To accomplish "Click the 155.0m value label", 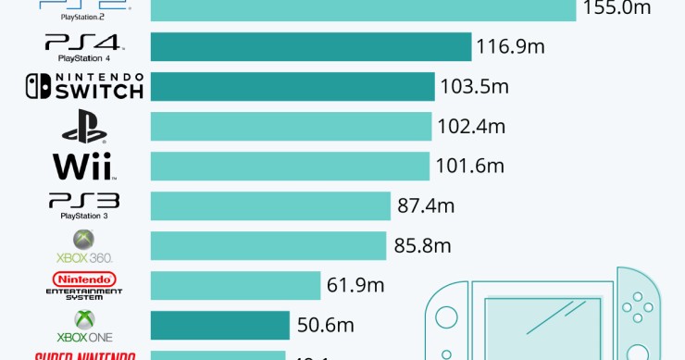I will [x=616, y=7].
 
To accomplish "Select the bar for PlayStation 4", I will [x=310, y=46].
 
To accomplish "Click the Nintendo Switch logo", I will [x=84, y=86].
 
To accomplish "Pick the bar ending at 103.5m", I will [x=292, y=86].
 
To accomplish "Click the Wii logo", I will [x=84, y=167].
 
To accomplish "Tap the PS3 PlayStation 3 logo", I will [x=84, y=205].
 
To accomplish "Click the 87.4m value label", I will [x=425, y=205].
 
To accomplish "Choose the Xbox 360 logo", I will [x=84, y=245].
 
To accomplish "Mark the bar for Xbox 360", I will [x=268, y=245].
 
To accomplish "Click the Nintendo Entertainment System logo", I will [x=84, y=285].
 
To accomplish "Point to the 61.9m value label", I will [x=355, y=285].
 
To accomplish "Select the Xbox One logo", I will [x=84, y=325].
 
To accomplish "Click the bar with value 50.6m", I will [x=219, y=325].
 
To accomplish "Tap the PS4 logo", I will [x=84, y=46].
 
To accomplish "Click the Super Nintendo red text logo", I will [x=84, y=355].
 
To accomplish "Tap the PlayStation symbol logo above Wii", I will [x=84, y=126].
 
